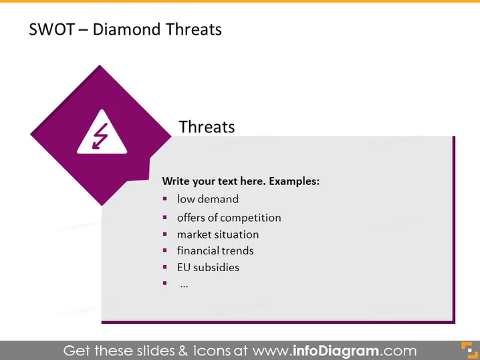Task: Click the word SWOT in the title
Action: [x=51, y=29]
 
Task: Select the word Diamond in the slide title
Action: [x=127, y=29]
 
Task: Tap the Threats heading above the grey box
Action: [x=207, y=127]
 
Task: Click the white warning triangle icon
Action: [x=102, y=132]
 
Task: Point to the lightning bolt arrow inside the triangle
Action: [x=100, y=136]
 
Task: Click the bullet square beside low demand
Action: [x=165, y=199]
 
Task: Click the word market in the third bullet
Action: [x=193, y=234]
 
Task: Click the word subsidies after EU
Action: [x=217, y=267]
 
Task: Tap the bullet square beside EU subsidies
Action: [x=165, y=267]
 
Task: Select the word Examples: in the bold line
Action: [x=294, y=181]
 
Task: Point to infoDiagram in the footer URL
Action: [x=336, y=351]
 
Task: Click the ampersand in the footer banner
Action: [x=183, y=351]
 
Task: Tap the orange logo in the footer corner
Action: [x=469, y=350]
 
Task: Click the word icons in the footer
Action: [x=211, y=351]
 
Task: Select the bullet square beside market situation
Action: [x=165, y=234]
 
